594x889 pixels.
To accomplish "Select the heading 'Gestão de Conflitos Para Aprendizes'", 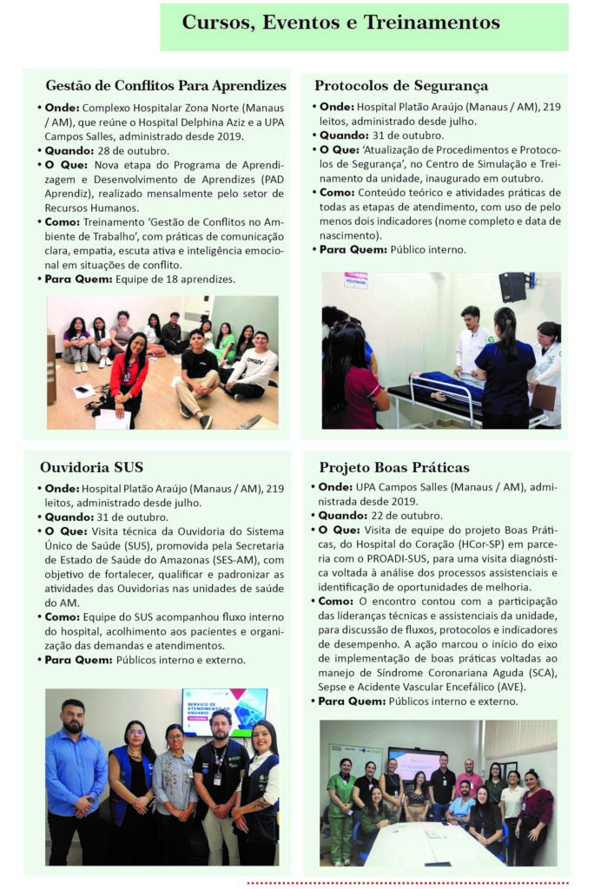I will pos(165,86).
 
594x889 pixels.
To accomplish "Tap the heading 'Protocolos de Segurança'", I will pos(400,86).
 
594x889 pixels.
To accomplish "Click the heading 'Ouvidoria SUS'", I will pos(92,467).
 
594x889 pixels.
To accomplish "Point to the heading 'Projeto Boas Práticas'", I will pos(393,467).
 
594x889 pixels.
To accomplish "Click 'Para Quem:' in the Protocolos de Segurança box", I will pos(352,249).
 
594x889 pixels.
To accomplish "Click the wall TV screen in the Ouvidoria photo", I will pos(224,711).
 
